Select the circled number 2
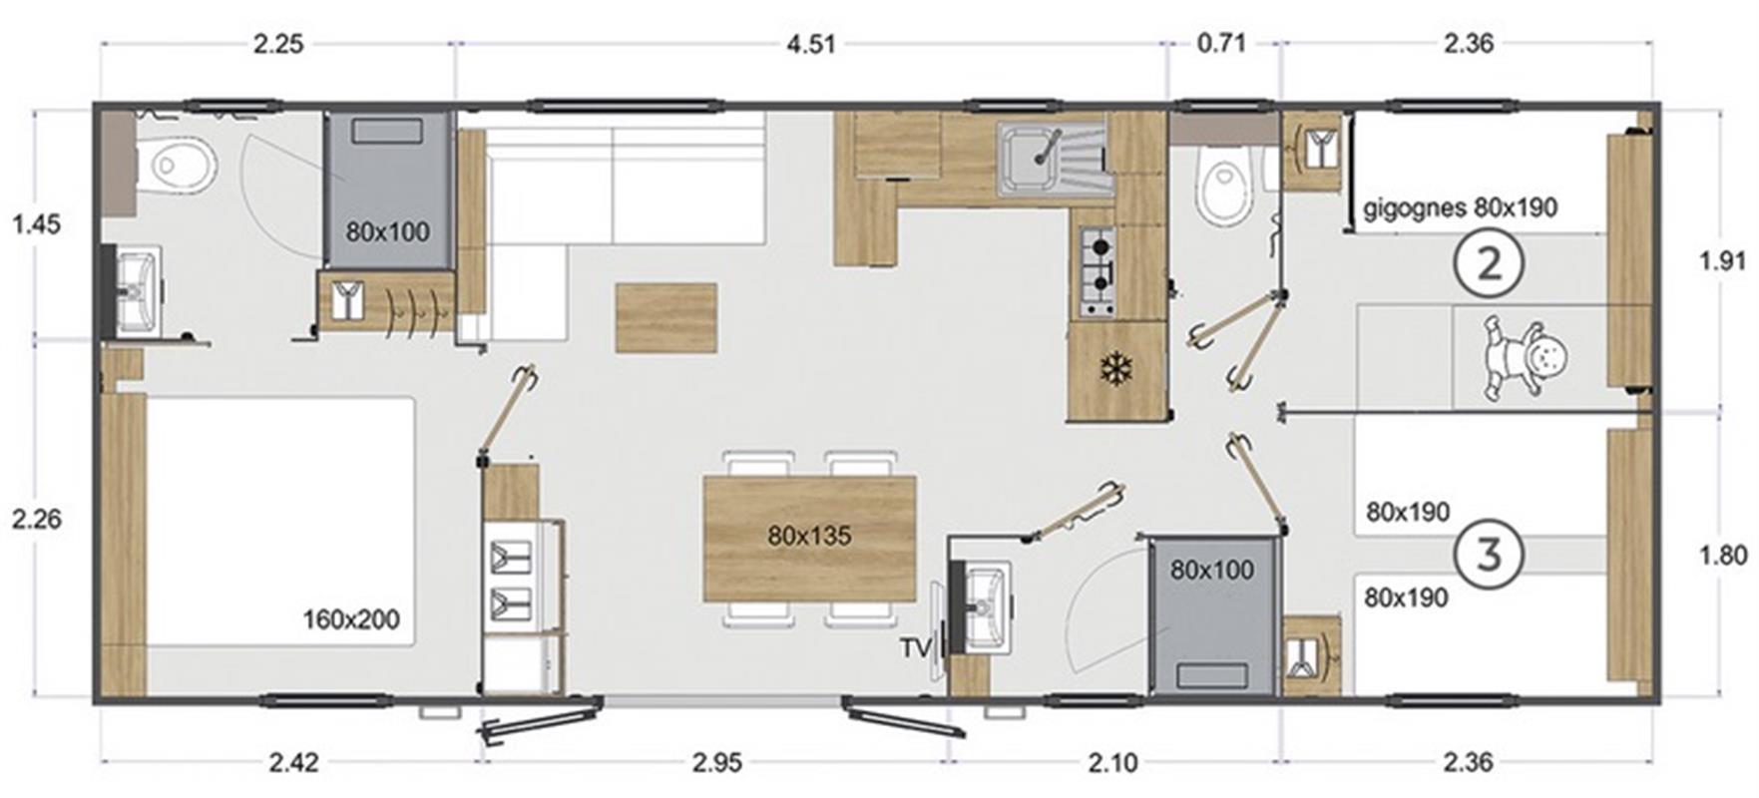[1489, 263]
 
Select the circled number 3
[1489, 554]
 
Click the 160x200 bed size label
[351, 619]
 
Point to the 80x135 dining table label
[809, 536]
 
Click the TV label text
[916, 648]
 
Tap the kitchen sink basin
[1031, 161]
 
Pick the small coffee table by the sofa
[665, 317]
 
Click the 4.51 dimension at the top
[809, 44]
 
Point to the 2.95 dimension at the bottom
[717, 763]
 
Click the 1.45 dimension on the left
[36, 224]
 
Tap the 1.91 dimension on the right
[1722, 261]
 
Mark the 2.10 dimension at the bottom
[1111, 763]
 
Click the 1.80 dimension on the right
[1722, 555]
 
